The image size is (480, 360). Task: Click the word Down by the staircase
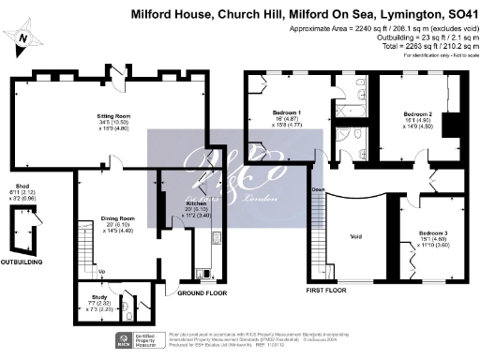point(318,190)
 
